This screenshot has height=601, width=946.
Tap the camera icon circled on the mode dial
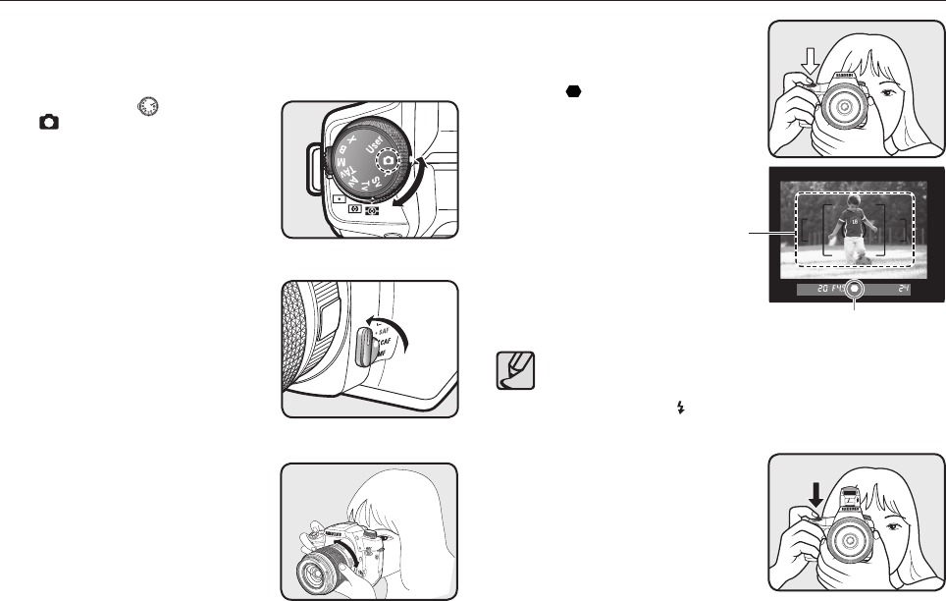[389, 160]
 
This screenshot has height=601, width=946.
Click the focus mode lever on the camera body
[365, 349]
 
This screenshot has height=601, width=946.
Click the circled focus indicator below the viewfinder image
[854, 290]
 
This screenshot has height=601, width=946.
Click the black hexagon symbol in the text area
[571, 91]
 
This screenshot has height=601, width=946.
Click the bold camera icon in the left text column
[48, 122]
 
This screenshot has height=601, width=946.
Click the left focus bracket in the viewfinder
[810, 239]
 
